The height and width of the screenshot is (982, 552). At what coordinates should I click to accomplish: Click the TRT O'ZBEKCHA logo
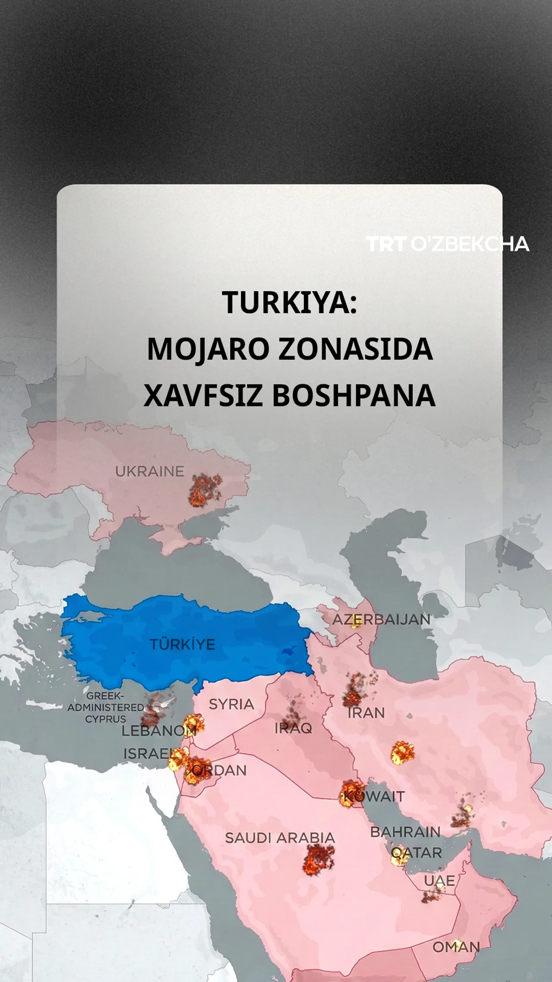coord(447,244)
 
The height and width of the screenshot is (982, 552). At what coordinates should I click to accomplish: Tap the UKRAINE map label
coord(149,471)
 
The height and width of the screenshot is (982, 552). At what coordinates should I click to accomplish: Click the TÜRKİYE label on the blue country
coord(182,645)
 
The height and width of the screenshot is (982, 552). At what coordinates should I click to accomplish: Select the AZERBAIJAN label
coord(381,620)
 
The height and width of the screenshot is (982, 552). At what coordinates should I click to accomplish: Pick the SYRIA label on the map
coord(231,705)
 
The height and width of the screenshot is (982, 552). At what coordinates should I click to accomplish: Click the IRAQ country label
coord(293,728)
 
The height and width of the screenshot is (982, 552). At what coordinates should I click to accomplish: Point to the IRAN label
coord(366,713)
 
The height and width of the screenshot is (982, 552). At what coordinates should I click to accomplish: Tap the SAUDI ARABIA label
coord(280,838)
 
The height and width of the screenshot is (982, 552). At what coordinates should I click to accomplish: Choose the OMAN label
coord(456,947)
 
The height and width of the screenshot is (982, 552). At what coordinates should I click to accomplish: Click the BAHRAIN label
coord(405,832)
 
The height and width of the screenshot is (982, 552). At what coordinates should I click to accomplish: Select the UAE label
coord(439,881)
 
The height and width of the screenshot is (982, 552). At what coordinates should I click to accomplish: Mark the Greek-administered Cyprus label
coord(105,708)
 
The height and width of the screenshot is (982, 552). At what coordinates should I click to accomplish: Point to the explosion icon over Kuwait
coord(350,794)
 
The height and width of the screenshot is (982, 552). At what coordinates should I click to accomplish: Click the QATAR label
coord(417,853)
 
